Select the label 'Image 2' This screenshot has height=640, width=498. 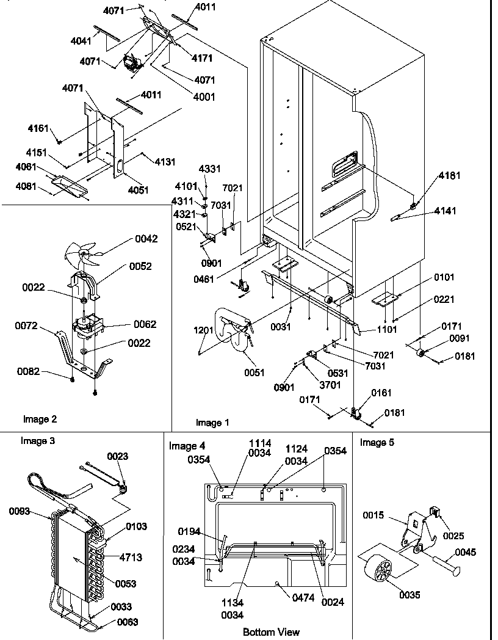(40, 419)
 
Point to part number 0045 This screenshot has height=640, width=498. (465, 553)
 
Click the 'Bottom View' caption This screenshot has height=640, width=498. (271, 632)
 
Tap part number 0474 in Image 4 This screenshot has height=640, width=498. (302, 598)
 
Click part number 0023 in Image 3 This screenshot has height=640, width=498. (118, 456)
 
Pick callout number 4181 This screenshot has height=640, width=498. (449, 175)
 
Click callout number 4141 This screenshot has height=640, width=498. (445, 211)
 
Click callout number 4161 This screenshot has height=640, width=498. (38, 129)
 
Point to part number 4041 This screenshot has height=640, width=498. (81, 42)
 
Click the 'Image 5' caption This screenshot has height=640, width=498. (377, 442)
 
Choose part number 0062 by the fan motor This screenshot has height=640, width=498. (145, 324)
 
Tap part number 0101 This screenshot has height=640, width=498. (444, 277)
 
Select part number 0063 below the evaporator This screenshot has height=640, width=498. (128, 622)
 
